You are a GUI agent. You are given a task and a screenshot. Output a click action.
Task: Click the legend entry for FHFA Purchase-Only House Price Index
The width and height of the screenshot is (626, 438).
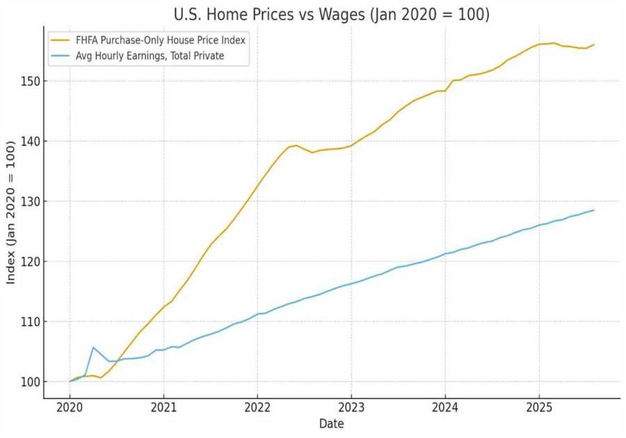coord(161,40)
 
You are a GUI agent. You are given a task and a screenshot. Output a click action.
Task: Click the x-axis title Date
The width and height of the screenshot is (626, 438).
coord(331,423)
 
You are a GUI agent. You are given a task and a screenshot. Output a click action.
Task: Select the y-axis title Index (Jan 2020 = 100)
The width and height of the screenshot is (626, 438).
coord(11,212)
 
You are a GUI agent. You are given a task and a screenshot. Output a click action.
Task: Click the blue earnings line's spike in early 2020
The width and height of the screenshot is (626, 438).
coord(93,347)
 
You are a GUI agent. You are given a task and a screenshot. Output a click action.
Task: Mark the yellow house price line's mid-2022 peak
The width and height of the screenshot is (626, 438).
coord(296,145)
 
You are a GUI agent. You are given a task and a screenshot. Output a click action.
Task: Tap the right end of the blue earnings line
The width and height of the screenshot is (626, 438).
coord(594,210)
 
